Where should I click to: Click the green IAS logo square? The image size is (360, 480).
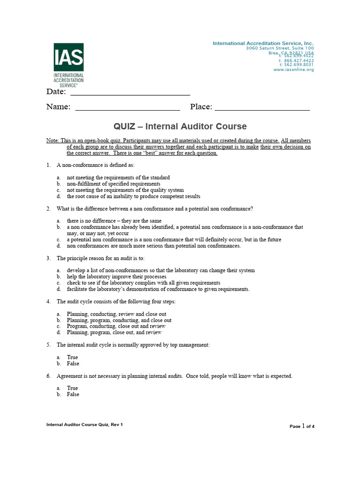68,57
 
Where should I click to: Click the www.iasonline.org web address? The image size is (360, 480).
293,69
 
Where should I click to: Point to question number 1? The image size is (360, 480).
48,165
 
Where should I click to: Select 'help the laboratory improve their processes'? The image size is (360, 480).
116,277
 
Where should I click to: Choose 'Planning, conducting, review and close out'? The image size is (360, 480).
116,314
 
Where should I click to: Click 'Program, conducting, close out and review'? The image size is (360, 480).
116,326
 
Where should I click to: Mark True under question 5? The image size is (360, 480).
72,357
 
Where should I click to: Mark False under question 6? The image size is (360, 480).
73,394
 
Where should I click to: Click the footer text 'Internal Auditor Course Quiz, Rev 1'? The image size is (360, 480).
84,425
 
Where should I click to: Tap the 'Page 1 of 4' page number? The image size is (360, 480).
302,426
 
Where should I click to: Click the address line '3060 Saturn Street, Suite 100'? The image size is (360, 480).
280,48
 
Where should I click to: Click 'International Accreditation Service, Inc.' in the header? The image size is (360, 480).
263,43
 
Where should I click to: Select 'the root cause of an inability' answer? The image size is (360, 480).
133,196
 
